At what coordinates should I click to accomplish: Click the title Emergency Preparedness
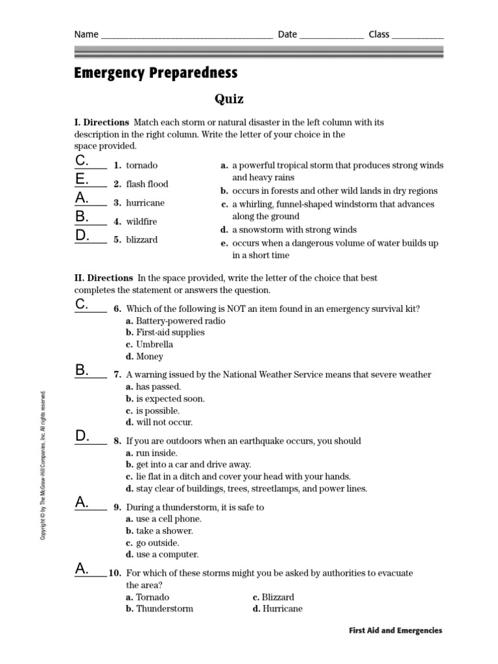pos(156,73)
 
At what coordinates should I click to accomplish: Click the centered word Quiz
pos(229,99)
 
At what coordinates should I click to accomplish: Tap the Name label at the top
pos(86,34)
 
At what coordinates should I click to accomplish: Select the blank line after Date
pos(331,36)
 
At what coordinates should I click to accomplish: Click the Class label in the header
pos(379,34)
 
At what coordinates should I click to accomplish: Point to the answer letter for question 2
pos(81,179)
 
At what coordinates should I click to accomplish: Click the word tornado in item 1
pos(141,165)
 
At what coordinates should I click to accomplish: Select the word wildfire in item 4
pos(141,221)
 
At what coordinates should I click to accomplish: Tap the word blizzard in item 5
pos(141,239)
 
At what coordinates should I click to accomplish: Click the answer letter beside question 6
pos(81,304)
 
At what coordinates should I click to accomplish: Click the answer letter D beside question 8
pos(82,436)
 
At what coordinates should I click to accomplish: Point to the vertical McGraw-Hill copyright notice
pos(43,466)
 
